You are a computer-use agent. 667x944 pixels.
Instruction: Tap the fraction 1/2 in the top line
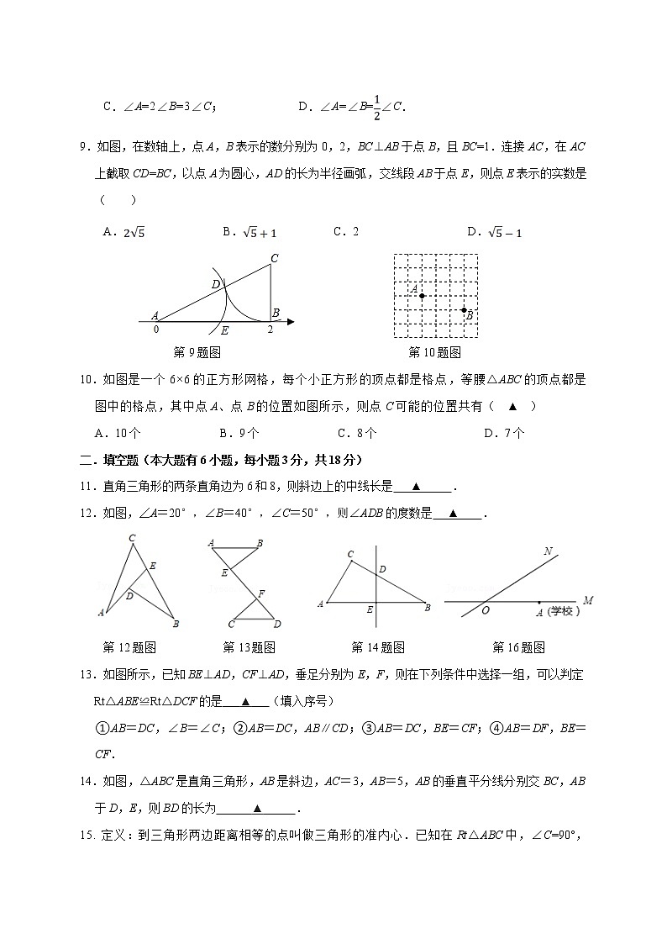pos(376,106)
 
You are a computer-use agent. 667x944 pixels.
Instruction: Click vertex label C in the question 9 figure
pos(274,258)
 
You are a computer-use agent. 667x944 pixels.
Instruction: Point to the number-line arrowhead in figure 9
pos(290,321)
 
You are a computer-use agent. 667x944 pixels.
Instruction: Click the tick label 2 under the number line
pos(270,330)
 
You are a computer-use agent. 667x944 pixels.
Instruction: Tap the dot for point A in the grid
pos(422,295)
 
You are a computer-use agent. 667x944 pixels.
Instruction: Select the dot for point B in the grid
pos(464,309)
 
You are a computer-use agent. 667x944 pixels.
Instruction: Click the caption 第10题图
pos(434,352)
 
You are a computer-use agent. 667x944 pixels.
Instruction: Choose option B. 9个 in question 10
pos(239,433)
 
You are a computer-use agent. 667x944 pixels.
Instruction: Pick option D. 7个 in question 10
pos(505,433)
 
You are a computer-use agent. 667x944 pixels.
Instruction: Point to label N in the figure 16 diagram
pos(548,551)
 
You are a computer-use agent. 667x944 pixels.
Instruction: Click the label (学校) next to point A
pos(564,612)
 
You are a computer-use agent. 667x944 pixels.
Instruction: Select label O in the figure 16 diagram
pos(486,612)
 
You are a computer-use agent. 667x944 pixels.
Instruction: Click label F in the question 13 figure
pos(261,593)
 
